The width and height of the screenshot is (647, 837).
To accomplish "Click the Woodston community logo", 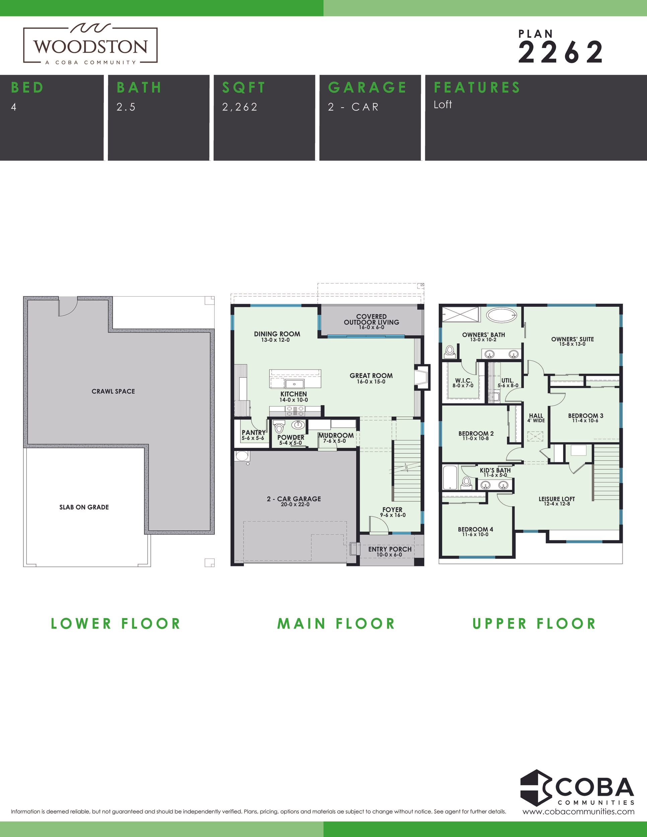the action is tap(90, 45).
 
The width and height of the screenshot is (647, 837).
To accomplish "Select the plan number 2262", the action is tap(561, 53).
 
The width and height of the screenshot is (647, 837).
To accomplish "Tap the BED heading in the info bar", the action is tap(27, 87).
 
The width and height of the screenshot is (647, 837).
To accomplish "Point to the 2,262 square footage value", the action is tap(240, 107).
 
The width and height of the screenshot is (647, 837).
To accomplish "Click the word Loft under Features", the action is tap(443, 104).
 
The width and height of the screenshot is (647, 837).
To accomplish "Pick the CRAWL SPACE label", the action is tap(113, 391).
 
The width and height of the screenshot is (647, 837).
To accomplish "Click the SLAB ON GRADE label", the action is tap(84, 507).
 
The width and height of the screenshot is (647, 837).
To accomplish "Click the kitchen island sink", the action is tap(294, 384).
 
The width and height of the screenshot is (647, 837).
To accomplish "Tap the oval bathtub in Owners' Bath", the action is tap(502, 316).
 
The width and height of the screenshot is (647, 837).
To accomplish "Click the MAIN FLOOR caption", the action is tap(336, 623).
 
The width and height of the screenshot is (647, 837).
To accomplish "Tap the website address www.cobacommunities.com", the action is tap(578, 811).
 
